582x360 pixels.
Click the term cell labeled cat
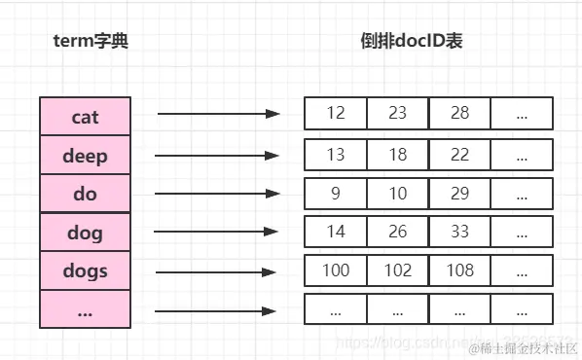point(85,117)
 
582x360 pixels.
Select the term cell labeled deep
point(85,156)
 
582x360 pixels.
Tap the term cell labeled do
point(85,194)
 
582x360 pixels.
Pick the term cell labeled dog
point(85,233)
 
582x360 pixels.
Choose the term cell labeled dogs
point(85,270)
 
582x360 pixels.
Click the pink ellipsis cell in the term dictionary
point(85,309)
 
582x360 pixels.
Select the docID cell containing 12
point(336,114)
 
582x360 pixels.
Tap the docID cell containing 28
point(459,114)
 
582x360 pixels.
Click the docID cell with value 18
point(397,154)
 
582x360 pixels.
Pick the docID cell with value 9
point(336,193)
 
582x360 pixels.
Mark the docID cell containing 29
point(459,193)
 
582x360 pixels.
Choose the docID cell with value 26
point(397,232)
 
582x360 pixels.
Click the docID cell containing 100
point(336,270)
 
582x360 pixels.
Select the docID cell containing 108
point(459,270)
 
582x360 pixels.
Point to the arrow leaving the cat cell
point(218,114)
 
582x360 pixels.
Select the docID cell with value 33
point(459,232)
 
